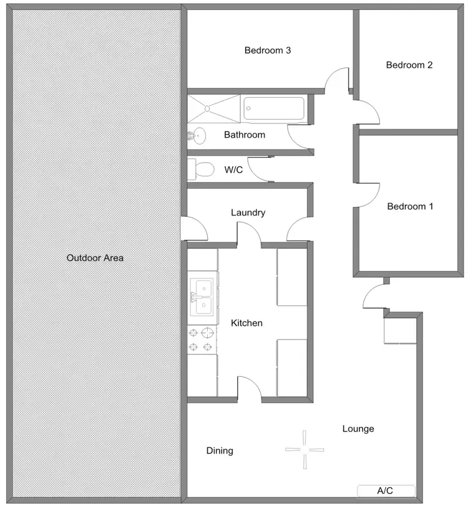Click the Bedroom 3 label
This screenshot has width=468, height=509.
coord(268,50)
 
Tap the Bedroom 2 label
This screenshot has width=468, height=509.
coord(409,65)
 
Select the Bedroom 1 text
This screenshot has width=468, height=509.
coord(410,206)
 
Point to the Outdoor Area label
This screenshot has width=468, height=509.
coord(95,257)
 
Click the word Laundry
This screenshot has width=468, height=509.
coord(248,212)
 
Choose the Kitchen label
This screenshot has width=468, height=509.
coord(246,323)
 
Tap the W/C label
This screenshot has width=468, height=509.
coord(233,169)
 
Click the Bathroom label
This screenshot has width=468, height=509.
coord(245,135)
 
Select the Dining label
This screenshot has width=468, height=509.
coord(220,450)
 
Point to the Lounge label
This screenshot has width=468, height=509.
coord(358,429)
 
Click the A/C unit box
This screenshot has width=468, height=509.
coord(386,491)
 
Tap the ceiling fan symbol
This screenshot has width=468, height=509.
coord(305,449)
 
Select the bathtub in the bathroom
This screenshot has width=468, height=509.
coord(274,108)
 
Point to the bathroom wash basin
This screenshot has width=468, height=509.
coord(197,134)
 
